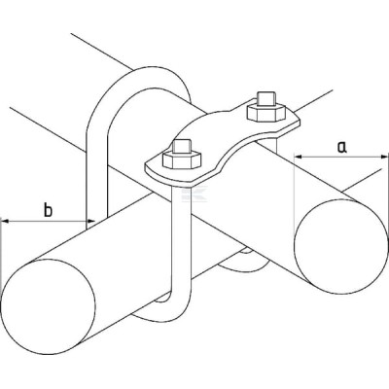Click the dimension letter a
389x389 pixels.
pos(341,147)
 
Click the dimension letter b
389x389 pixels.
pos(48,210)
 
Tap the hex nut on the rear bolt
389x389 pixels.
pos(266,111)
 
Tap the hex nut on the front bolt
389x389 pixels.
pos(182,159)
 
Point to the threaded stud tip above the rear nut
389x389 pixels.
pos(266,98)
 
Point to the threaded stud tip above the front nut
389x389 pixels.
pos(183,146)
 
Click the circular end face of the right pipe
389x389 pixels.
pos(341,247)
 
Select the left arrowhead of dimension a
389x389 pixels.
pos(299,157)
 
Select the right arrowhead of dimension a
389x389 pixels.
pos(383,157)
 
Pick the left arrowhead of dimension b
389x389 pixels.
pos(6,221)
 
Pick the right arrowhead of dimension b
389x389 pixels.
pos(90,221)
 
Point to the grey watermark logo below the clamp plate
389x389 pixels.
pos(194,194)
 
